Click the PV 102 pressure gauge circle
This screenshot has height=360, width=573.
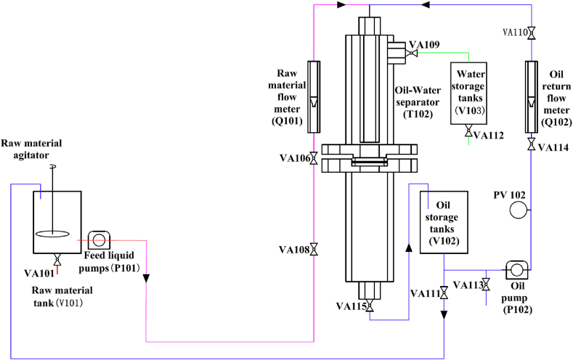[519, 210]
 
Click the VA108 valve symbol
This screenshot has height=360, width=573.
[314, 250]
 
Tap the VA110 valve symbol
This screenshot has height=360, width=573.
[532, 33]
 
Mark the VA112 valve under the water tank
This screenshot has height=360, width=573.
[468, 131]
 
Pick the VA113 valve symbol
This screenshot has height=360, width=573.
[485, 285]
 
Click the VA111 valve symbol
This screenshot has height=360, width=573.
[443, 294]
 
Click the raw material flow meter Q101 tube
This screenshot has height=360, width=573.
[314, 97]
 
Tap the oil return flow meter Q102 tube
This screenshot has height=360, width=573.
[532, 97]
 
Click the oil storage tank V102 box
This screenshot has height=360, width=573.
[442, 220]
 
